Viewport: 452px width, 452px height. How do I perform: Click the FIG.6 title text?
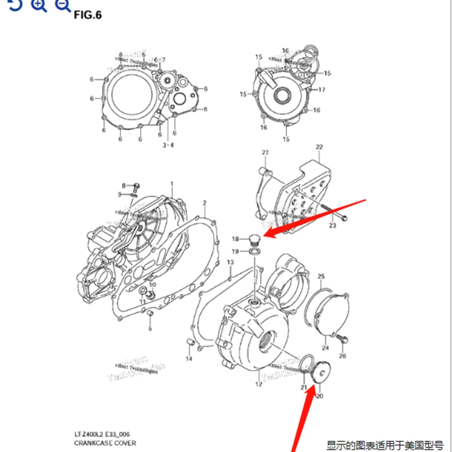click(x=88, y=15)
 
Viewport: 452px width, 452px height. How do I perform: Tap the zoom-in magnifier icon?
click(x=38, y=6)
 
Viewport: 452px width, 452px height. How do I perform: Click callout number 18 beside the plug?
click(x=236, y=240)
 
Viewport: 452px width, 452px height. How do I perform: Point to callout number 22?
click(x=319, y=147)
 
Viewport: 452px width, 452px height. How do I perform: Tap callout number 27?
click(x=264, y=154)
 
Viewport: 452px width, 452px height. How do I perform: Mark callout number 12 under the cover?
click(x=258, y=385)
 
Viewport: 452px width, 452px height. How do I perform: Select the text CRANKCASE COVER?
click(x=105, y=444)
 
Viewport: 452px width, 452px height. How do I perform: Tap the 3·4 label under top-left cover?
click(x=168, y=145)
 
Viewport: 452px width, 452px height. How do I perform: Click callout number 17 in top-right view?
click(x=321, y=90)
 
